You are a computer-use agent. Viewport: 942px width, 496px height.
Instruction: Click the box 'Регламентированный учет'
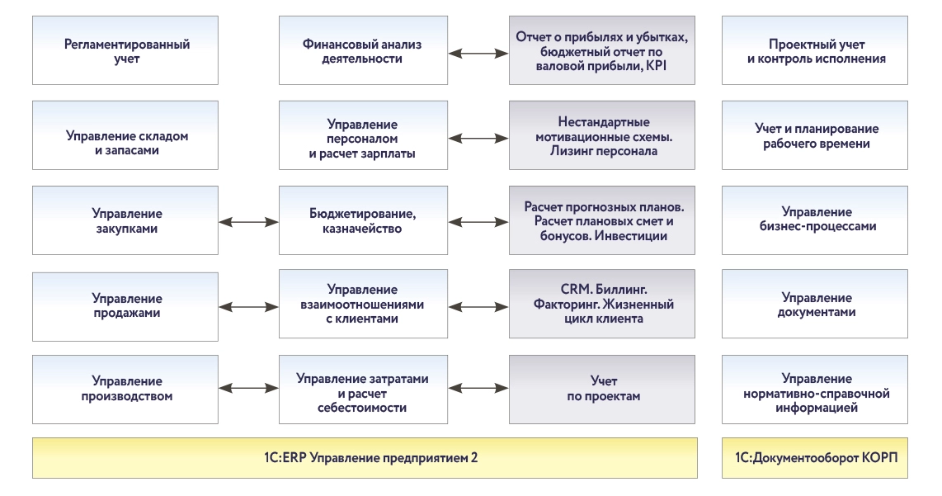(x=126, y=51)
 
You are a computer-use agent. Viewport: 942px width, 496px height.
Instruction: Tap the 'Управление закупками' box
(x=126, y=220)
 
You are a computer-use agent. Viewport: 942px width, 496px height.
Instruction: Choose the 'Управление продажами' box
(x=126, y=305)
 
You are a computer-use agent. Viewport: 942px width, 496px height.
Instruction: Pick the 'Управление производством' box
(x=126, y=389)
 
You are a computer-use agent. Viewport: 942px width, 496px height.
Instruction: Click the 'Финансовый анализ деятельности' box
(x=362, y=51)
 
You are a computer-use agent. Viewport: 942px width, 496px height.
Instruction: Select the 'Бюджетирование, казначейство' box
(x=362, y=220)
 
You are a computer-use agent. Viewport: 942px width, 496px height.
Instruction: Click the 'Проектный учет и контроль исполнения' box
(x=815, y=51)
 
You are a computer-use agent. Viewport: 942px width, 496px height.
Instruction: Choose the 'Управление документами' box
(x=815, y=305)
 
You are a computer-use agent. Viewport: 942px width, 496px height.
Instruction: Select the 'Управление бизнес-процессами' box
(x=815, y=220)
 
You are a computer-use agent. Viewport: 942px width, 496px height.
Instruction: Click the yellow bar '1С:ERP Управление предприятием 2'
(x=365, y=458)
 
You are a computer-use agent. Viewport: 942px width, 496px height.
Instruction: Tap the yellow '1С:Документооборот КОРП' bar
(x=815, y=458)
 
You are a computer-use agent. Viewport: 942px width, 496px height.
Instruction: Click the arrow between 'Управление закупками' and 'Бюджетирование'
(x=249, y=221)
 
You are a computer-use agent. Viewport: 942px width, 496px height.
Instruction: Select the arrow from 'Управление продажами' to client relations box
(x=249, y=306)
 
